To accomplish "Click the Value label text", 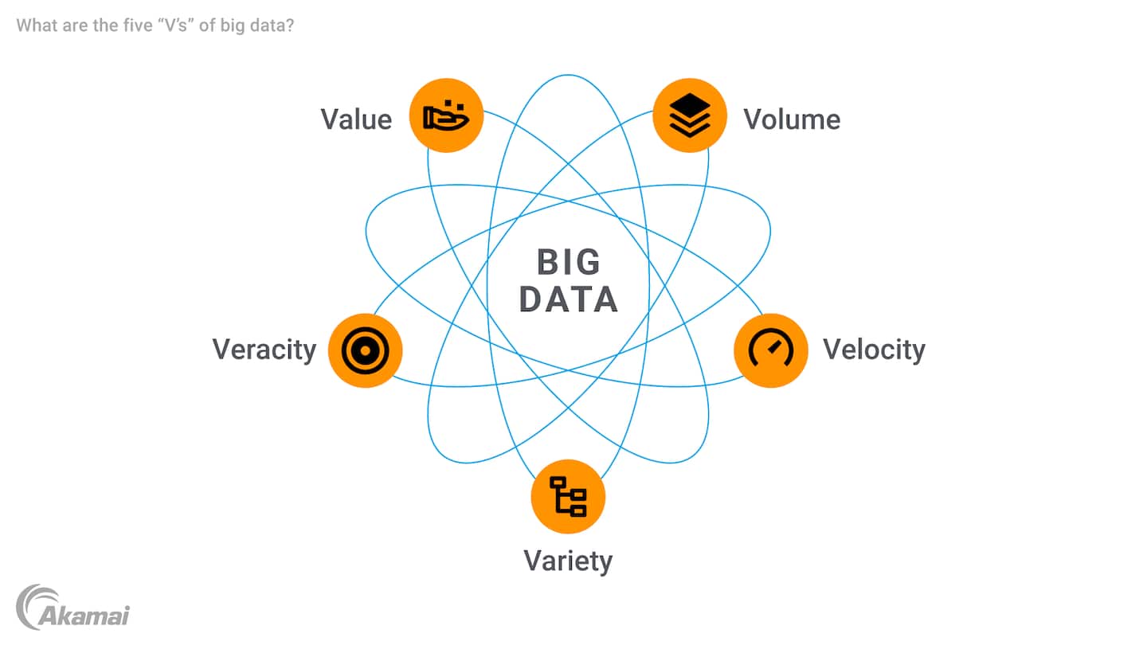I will (x=356, y=119).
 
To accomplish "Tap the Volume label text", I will (x=792, y=119).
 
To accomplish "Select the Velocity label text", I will (x=874, y=350).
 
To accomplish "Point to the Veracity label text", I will (x=264, y=350).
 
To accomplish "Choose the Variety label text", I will (x=568, y=561).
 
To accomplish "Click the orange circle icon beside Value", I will (x=446, y=115).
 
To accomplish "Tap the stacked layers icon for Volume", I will (x=690, y=115).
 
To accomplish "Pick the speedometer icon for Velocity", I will (x=770, y=350).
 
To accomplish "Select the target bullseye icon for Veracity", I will (x=365, y=350).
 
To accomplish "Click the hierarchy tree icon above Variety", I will (x=568, y=496).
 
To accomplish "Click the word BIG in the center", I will (x=569, y=263).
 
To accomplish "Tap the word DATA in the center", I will (x=569, y=299).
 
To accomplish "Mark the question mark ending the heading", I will (x=291, y=25).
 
